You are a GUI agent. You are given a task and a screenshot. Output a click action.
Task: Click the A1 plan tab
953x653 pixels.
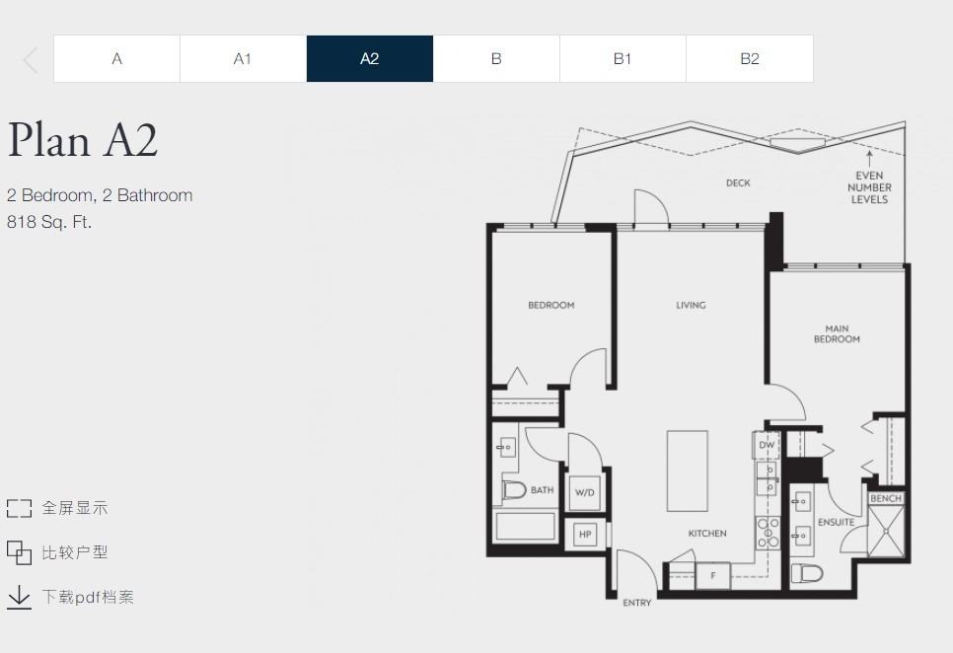(243, 58)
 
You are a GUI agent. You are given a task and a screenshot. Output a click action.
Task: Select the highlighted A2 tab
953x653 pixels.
(370, 58)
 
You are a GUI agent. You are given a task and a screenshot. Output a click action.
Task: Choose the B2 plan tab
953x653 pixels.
(750, 58)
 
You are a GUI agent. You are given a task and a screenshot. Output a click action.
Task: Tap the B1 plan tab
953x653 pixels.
(623, 58)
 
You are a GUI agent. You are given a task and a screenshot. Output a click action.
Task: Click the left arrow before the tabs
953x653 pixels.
(31, 60)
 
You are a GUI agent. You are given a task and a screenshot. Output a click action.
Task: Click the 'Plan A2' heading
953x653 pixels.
(83, 140)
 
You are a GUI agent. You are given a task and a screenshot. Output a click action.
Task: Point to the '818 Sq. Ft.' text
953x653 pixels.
(49, 222)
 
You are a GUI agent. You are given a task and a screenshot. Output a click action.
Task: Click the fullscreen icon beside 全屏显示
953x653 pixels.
(19, 508)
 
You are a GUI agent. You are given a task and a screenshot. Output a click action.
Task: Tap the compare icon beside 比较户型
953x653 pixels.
(19, 552)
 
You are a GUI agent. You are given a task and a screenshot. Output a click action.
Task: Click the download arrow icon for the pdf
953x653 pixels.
(19, 597)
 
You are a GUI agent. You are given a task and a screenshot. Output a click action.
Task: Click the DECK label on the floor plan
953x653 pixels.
(738, 182)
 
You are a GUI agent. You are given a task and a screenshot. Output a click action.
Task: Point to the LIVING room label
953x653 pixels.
(691, 305)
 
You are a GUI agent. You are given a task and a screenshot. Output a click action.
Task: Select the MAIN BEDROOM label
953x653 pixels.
(837, 333)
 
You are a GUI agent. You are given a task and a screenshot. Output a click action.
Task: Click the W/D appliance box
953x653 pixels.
(585, 492)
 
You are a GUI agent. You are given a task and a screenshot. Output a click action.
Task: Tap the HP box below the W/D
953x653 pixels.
(585, 535)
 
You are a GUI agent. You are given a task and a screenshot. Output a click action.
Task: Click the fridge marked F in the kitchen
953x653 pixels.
(713, 575)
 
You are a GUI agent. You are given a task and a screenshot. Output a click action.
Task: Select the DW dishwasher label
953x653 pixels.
(767, 445)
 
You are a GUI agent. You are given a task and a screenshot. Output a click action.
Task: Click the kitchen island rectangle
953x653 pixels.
(688, 472)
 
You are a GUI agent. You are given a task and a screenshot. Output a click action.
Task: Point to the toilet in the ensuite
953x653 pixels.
(807, 573)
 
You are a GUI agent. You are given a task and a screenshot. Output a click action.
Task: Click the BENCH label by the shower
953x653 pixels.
(886, 498)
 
